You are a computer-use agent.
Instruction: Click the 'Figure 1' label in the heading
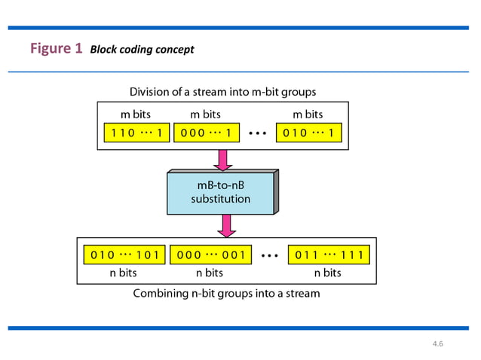pyautogui.click(x=56, y=49)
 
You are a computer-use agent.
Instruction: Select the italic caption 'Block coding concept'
pyautogui.click(x=142, y=50)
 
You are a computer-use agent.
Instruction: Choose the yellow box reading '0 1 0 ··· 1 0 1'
pyautogui.click(x=124, y=255)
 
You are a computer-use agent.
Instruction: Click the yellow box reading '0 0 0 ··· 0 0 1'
pyautogui.click(x=210, y=255)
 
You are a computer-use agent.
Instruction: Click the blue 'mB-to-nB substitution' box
pyautogui.click(x=220, y=193)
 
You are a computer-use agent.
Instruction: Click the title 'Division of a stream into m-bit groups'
pyautogui.click(x=222, y=92)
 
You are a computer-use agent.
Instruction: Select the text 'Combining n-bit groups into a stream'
pyautogui.click(x=226, y=293)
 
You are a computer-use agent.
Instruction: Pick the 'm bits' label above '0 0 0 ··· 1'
pyautogui.click(x=205, y=114)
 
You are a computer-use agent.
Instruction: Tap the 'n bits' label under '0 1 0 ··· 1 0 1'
pyautogui.click(x=124, y=273)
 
